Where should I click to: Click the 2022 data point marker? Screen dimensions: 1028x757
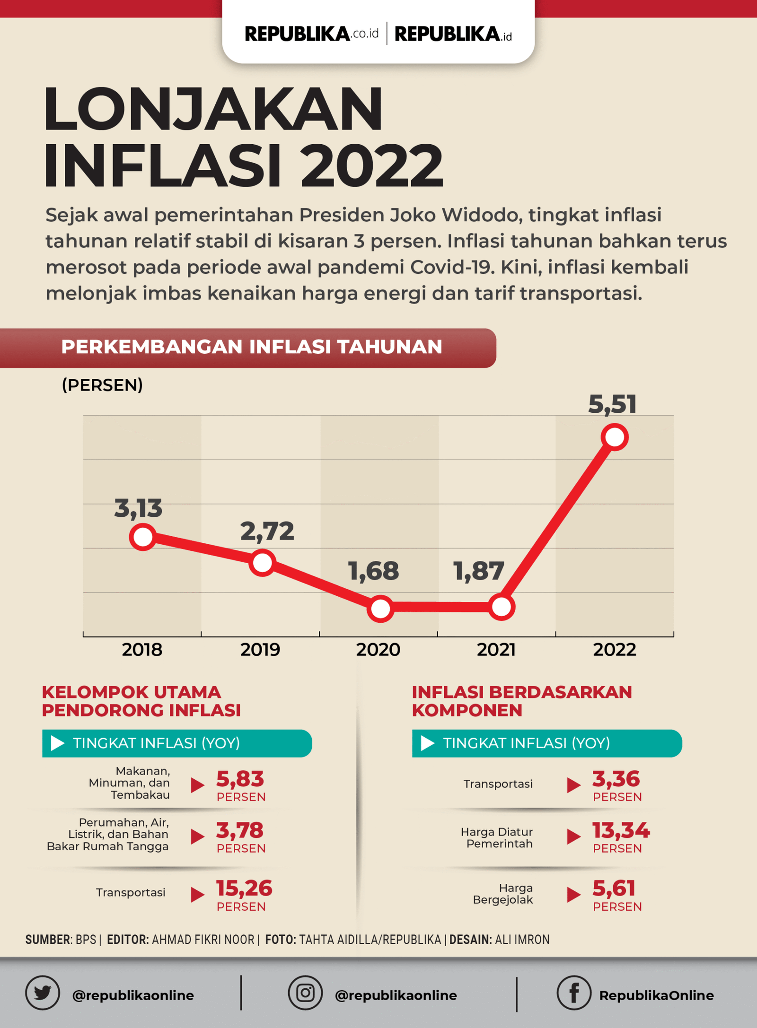pos(615,437)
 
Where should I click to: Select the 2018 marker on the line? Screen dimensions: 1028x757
pos(143,537)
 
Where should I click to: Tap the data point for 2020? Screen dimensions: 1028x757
pos(380,608)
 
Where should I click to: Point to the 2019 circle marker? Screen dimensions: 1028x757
pos(263,563)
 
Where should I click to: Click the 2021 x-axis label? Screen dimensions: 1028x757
pos(496,650)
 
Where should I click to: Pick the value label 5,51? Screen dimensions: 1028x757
pos(612,405)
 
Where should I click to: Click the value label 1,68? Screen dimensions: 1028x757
pos(373,571)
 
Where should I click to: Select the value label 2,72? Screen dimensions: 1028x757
pos(267,531)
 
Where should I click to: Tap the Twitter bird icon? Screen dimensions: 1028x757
pos(43,993)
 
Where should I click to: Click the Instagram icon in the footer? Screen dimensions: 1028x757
pos(305,993)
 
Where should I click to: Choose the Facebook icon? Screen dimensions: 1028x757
pos(574,993)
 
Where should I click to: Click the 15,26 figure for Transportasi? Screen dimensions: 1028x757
pos(244,889)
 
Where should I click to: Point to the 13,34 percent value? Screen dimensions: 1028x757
pos(621,830)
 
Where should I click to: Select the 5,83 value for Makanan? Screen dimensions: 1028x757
pos(240,779)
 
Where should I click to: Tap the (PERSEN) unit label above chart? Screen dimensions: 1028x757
pos(102,385)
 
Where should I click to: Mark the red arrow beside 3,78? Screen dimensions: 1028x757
pos(197,836)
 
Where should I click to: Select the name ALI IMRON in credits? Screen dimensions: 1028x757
pos(522,940)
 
